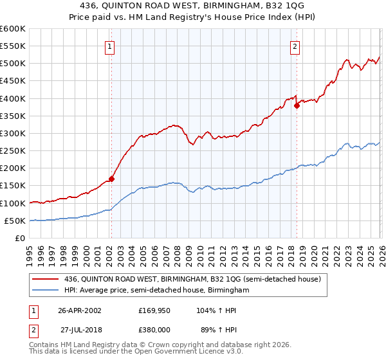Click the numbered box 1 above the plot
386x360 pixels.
click(110, 46)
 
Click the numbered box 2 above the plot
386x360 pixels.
click(295, 46)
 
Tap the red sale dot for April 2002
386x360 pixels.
click(111, 179)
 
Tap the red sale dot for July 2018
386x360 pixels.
click(297, 105)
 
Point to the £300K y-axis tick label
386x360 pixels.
click(13, 134)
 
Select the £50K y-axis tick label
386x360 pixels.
click(15, 221)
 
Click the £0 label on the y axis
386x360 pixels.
click(21, 239)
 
